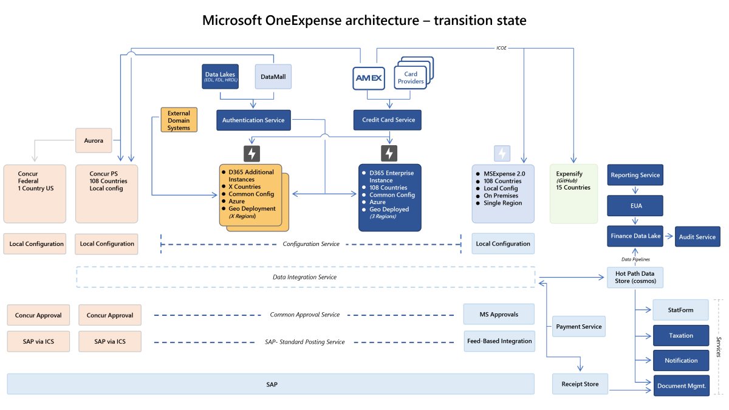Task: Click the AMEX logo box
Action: point(368,77)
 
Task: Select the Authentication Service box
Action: point(253,120)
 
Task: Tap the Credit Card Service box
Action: point(388,120)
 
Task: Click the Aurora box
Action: point(94,140)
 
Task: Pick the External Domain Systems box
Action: point(179,120)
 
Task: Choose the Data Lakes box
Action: point(220,77)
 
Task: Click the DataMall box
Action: point(273,77)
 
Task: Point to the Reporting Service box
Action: point(635,175)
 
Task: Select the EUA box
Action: point(635,206)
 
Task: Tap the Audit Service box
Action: point(697,237)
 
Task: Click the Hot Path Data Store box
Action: point(635,278)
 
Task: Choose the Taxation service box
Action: point(681,335)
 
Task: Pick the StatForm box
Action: point(681,310)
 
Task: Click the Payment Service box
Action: point(578,326)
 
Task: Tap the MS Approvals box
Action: point(499,314)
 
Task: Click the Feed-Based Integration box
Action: point(499,341)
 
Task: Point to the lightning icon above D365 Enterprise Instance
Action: point(389,153)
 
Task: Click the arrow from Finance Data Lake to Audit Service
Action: point(668,236)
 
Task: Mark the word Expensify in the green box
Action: point(569,174)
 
